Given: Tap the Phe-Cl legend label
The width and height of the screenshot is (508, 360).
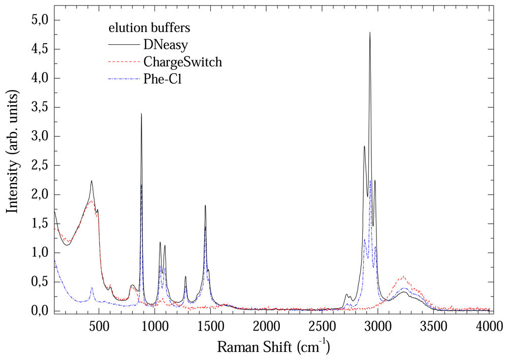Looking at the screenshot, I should pyautogui.click(x=163, y=78).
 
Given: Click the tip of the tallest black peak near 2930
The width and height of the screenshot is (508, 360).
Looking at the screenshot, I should pyautogui.click(x=370, y=33).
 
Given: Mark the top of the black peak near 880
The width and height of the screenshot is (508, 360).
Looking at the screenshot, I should pyautogui.click(x=141, y=114).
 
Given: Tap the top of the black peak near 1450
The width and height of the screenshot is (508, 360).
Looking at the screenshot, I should pyautogui.click(x=205, y=205).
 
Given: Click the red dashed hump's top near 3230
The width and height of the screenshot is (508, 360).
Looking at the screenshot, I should pyautogui.click(x=403, y=277).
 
